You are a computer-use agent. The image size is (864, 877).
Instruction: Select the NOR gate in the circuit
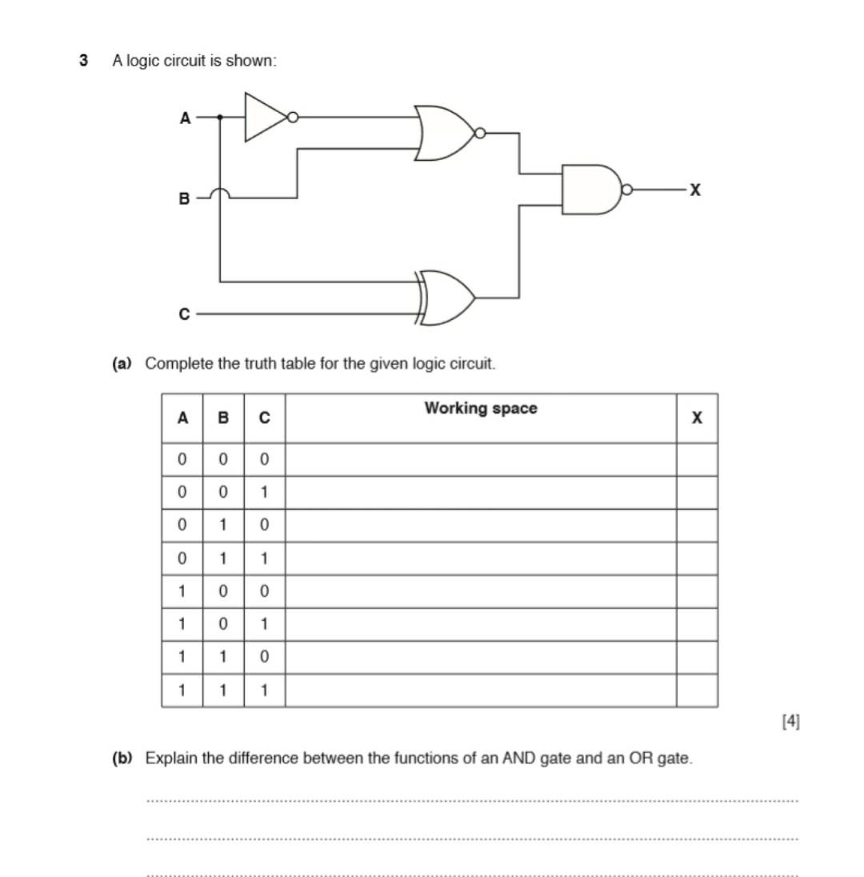(x=445, y=133)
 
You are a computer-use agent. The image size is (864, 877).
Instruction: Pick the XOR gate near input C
(x=448, y=297)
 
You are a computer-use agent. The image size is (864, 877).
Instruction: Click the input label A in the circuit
(x=185, y=118)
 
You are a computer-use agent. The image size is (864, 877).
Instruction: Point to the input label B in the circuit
(x=184, y=198)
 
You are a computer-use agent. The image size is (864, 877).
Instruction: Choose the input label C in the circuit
(x=184, y=314)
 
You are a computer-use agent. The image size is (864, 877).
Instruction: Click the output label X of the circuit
(x=695, y=190)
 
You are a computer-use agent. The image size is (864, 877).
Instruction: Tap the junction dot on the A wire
(x=220, y=118)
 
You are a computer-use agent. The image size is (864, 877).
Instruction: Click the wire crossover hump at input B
(x=220, y=192)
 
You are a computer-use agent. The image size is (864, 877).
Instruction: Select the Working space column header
(x=481, y=409)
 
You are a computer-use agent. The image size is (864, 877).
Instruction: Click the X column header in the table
(x=697, y=418)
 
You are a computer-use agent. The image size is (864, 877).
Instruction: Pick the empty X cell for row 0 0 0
(x=697, y=459)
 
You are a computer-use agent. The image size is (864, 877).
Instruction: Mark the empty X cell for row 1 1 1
(x=697, y=691)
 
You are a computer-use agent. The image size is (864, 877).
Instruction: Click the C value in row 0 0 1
(x=264, y=492)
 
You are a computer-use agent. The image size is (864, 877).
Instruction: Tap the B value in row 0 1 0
(x=223, y=526)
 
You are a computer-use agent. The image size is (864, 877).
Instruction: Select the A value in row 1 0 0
(x=182, y=592)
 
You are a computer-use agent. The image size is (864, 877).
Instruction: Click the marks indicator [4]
(x=790, y=721)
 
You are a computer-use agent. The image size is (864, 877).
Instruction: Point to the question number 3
(x=83, y=61)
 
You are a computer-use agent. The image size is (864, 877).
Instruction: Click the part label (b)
(x=122, y=758)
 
